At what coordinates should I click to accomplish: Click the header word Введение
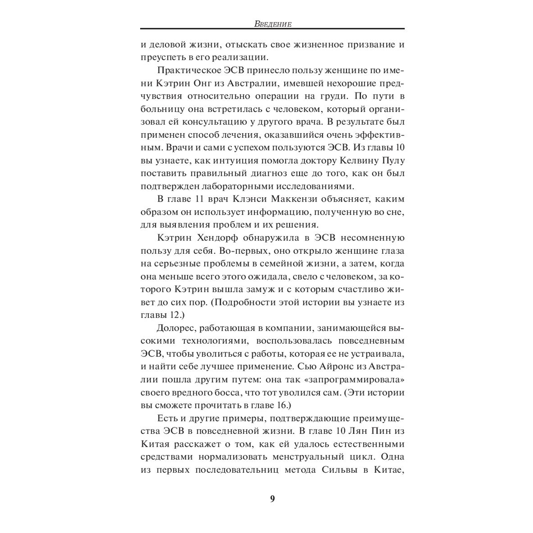272,23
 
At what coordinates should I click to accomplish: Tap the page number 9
272,499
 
